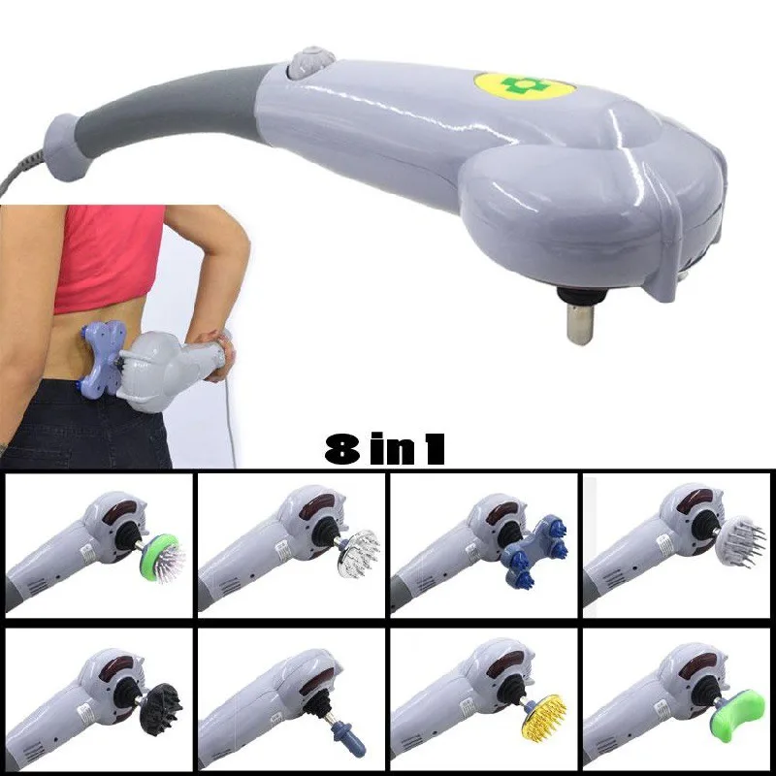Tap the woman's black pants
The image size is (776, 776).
[x=78, y=427]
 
